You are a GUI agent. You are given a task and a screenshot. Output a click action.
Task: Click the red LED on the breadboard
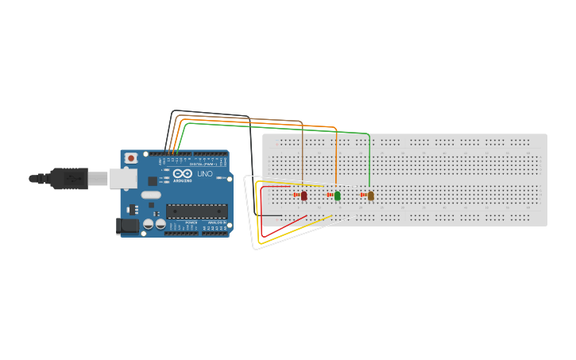coord(303,195)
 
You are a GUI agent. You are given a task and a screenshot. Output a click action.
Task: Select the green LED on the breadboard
coord(337,195)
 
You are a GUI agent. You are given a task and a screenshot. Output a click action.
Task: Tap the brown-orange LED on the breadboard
coord(370,195)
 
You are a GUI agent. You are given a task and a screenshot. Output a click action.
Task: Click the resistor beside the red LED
coord(296,195)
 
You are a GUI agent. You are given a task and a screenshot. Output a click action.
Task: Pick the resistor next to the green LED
coord(330,195)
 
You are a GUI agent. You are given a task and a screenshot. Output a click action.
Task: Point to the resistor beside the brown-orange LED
coord(363,195)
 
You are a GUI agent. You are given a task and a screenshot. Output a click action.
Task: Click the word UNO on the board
coord(204,174)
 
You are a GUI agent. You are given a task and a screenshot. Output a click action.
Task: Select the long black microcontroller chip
coord(196,211)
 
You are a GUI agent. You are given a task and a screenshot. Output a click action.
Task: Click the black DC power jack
coord(127,226)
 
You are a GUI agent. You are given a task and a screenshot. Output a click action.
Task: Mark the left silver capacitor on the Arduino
coord(148,224)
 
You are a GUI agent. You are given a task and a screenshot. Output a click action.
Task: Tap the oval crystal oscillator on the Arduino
coord(151,195)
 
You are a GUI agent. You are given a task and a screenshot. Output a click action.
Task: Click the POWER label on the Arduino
coord(191,223)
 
